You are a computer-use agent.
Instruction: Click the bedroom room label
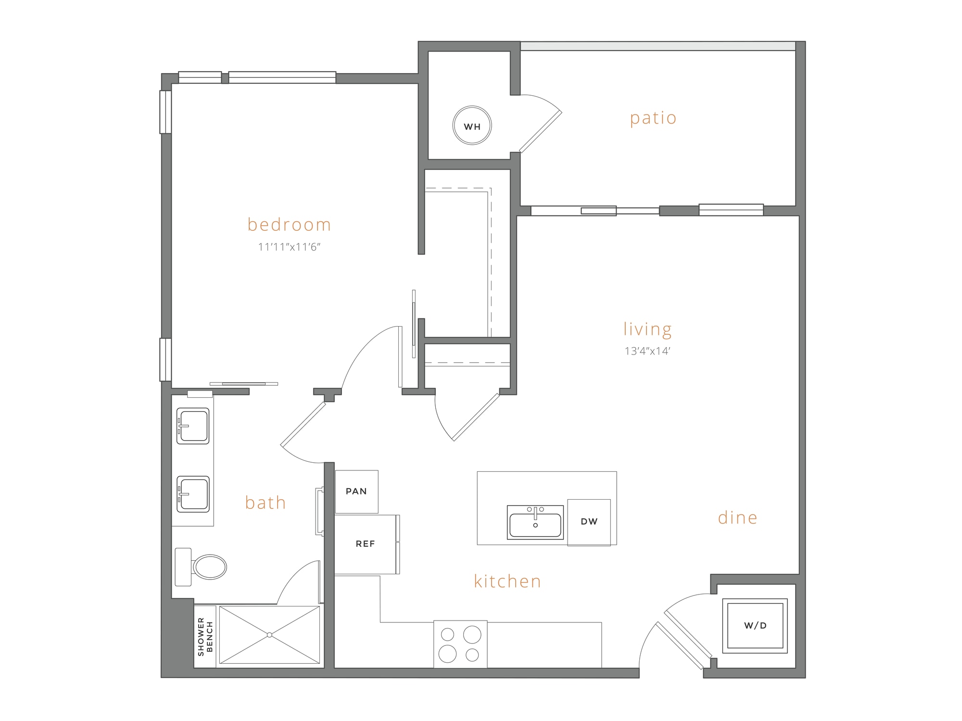(x=289, y=225)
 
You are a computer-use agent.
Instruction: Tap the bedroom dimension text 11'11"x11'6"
(x=289, y=247)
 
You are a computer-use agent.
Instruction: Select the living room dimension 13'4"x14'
(x=647, y=351)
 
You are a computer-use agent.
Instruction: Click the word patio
(x=653, y=118)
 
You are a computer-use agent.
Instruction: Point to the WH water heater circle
(x=472, y=126)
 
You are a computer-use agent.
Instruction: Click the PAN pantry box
(x=356, y=492)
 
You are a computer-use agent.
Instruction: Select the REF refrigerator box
(x=365, y=544)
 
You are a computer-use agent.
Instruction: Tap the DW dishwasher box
(x=589, y=522)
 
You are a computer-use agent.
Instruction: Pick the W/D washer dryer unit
(x=755, y=625)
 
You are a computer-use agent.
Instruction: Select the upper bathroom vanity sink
(x=193, y=426)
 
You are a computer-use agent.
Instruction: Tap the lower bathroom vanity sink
(x=193, y=494)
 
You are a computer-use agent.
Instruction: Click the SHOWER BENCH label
(x=205, y=637)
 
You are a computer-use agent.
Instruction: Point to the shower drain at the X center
(x=269, y=635)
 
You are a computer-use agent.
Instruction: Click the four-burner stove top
(x=460, y=644)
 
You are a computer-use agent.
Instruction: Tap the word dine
(x=737, y=518)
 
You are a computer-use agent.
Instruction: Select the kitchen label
(x=507, y=581)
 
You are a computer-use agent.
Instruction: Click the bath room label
(x=266, y=503)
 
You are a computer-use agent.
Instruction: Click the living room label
(x=647, y=329)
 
